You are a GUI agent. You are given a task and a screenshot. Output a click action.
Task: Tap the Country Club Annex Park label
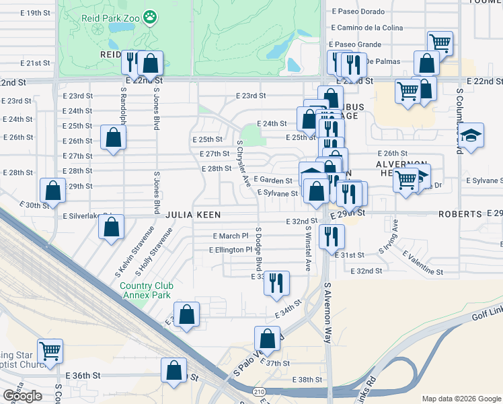pos(147,290)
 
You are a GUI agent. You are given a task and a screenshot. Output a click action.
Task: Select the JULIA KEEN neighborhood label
pos(194,214)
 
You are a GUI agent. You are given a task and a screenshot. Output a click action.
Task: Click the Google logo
pos(22,396)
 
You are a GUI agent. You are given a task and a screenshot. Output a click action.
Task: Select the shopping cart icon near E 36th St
pos(50,350)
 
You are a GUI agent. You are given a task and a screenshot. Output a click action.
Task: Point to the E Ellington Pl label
pos(230,250)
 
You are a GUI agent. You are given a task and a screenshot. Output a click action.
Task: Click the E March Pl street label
pos(231,236)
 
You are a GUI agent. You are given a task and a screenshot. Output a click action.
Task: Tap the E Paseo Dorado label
pos(358,12)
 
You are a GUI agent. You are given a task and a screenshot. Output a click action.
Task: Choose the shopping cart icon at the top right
pos(440,42)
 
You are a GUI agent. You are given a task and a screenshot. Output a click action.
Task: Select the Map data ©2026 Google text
pos(461,399)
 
